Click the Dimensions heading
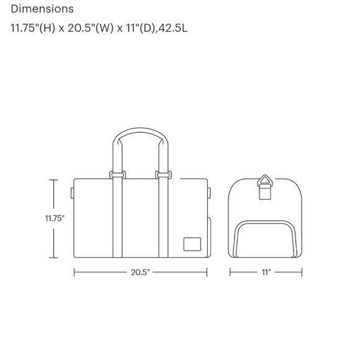[42, 9]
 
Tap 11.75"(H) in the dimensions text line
[33, 28]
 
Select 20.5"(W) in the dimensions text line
[91, 28]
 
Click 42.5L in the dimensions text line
[173, 28]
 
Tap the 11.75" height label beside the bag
[55, 218]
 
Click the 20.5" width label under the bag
[140, 272]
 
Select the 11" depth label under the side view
[266, 272]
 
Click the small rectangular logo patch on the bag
[192, 244]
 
